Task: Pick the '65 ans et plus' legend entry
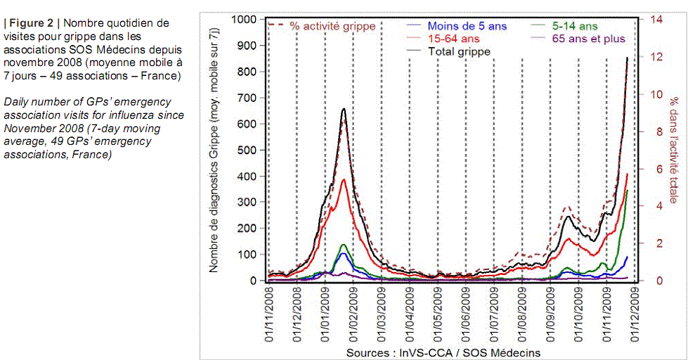click(589, 39)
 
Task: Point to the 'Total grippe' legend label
click(459, 51)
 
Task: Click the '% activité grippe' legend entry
click(333, 26)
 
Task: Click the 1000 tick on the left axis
click(245, 19)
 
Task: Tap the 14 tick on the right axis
click(656, 19)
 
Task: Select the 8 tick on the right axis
click(654, 131)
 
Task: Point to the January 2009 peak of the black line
click(344, 108)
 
